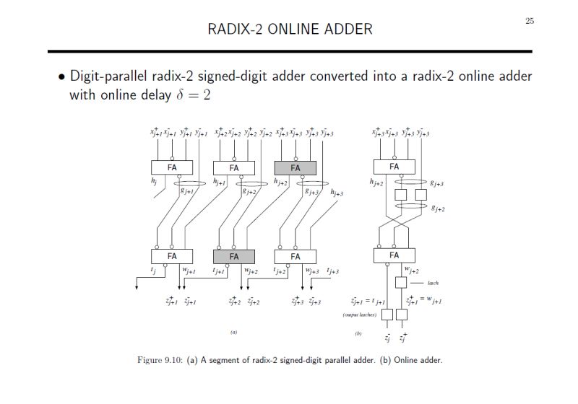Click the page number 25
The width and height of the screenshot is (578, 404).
530,21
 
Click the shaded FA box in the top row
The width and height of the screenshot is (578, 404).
296,167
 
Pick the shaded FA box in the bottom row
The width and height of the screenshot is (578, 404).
234,255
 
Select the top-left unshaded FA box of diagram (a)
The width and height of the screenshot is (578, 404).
172,167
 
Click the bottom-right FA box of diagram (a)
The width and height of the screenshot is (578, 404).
296,255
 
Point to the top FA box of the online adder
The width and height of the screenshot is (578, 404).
394,167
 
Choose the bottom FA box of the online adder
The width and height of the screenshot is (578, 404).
394,255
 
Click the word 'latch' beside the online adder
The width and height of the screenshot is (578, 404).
433,283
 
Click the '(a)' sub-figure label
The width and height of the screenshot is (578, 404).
233,333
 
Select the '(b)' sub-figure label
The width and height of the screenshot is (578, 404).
358,333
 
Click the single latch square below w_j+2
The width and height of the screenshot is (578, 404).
401,282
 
